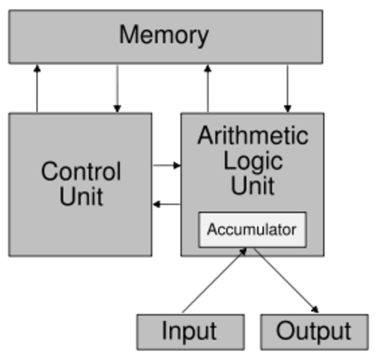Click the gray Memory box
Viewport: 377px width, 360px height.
165,35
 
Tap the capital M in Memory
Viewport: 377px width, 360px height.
130,34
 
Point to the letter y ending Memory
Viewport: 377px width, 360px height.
202,37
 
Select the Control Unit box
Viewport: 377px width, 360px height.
80,184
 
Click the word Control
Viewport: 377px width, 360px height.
80,171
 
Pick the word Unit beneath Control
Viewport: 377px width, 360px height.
81,196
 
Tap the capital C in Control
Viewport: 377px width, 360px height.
49,171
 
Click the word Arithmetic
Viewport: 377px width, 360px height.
253,136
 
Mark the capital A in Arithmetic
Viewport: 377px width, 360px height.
205,136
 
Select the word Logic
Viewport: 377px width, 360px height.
253,161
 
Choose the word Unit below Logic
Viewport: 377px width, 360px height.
253,185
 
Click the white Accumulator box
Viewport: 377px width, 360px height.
252,229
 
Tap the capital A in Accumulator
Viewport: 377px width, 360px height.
211,229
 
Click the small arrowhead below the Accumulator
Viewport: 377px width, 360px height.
242,253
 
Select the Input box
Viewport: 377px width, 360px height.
190,331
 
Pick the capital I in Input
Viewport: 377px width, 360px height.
165,331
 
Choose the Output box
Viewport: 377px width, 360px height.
314,331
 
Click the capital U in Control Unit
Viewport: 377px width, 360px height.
67,196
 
